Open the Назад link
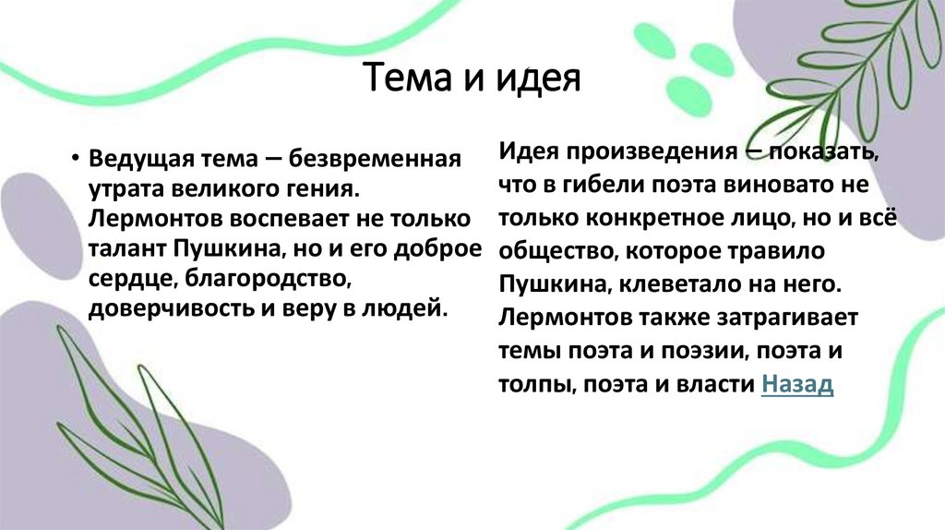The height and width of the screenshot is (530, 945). click(797, 385)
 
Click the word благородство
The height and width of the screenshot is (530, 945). click(270, 279)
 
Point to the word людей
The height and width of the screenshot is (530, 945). click(412, 309)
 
